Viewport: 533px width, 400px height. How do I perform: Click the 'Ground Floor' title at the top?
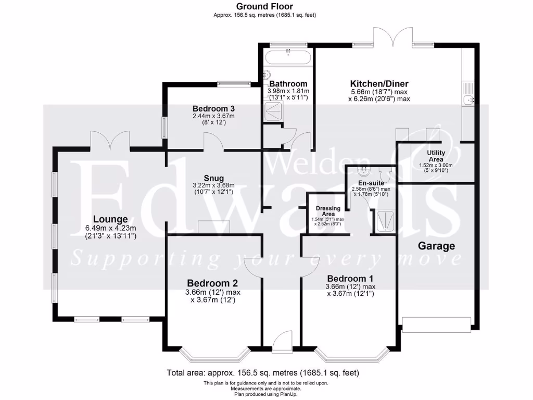point(264,6)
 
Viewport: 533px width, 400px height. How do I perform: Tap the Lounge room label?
point(110,219)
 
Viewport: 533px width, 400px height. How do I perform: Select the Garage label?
point(437,246)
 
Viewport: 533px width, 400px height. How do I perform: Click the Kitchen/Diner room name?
point(379,83)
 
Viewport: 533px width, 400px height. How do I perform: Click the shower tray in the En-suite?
point(384,222)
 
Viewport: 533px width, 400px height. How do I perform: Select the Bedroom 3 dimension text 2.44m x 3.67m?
point(211,116)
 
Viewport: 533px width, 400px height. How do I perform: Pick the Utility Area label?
point(435,156)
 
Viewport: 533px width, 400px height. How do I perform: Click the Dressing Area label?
point(328,211)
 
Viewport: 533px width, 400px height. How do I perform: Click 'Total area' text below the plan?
point(262,373)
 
